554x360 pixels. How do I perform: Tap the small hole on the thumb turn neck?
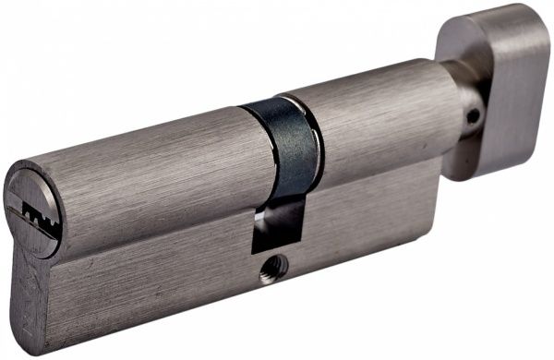pos(473,117)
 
